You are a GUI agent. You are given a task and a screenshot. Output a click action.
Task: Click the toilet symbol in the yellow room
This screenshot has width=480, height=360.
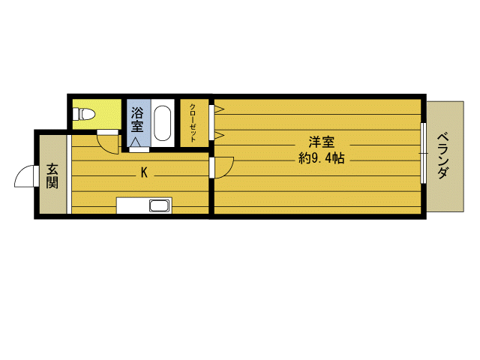point(83,115)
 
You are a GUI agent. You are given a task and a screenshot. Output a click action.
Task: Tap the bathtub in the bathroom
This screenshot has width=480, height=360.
point(162,123)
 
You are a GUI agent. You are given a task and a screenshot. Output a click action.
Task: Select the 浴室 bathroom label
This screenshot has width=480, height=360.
point(137,119)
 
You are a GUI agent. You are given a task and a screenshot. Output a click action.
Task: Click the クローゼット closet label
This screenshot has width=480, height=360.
point(193,123)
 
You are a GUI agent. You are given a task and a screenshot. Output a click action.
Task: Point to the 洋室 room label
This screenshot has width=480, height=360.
point(322,142)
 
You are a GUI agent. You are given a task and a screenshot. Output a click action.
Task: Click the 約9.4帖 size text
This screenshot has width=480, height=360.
point(322,158)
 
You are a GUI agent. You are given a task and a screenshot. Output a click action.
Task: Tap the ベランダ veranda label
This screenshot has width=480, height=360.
point(442,156)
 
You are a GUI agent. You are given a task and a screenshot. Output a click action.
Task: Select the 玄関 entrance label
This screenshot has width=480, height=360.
point(52,176)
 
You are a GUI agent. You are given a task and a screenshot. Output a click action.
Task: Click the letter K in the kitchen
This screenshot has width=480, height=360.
point(144,172)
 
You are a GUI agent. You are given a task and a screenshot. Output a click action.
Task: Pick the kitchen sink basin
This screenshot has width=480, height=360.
point(160,205)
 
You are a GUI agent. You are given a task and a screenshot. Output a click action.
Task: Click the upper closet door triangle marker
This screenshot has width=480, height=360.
point(219,109)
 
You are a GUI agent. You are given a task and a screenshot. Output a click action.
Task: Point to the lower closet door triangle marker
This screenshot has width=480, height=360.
point(219,135)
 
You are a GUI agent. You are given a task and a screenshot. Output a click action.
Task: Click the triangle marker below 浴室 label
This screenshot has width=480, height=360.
point(136,142)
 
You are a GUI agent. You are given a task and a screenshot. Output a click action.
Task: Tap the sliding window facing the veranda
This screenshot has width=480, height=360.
point(423,153)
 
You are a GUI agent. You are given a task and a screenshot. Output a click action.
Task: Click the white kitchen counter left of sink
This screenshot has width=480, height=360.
point(133,205)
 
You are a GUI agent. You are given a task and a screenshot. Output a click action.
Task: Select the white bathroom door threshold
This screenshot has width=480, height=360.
point(139,150)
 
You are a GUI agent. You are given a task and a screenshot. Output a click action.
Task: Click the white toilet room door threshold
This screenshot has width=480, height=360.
point(107,132)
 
